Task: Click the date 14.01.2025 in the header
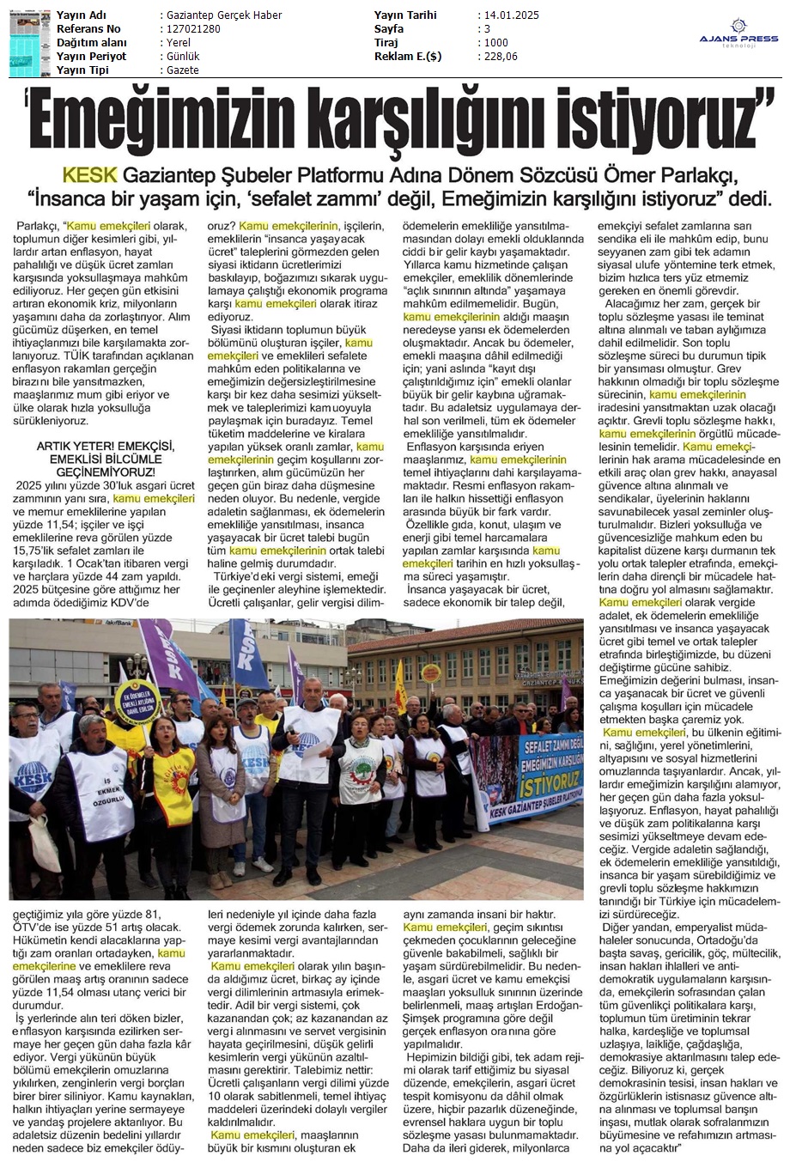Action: click(510, 15)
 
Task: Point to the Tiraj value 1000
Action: click(495, 42)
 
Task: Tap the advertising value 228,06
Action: click(501, 56)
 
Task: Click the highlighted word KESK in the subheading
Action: click(90, 175)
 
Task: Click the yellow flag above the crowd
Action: click(399, 687)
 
